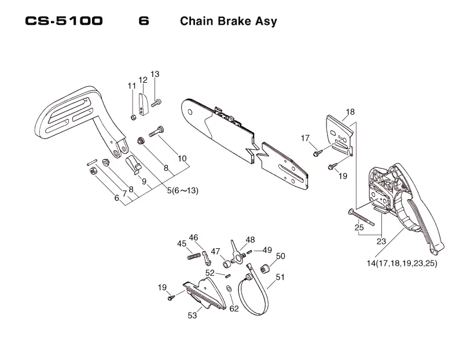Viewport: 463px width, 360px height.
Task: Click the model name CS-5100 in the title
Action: pos(64,21)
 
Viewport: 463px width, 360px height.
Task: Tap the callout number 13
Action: pos(155,74)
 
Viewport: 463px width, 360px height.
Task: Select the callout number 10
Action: pos(182,158)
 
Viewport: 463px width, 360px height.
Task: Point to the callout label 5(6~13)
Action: pos(182,190)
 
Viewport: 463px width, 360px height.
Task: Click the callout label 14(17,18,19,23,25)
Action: pos(402,263)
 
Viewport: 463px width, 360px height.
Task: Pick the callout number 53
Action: pos(192,315)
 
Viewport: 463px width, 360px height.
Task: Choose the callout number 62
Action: pos(234,308)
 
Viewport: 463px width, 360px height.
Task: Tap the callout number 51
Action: pos(280,277)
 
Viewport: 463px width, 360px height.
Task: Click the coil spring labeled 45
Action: pos(194,256)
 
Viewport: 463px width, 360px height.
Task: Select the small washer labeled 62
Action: pos(229,288)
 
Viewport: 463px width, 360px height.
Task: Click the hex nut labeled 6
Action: pos(93,171)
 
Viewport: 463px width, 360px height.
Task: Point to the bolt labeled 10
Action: pos(156,131)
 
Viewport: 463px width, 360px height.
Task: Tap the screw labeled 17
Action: pos(318,153)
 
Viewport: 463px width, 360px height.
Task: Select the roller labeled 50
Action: pos(264,269)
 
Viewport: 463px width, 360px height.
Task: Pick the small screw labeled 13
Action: pos(156,103)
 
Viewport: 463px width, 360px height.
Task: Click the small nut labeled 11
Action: pos(133,117)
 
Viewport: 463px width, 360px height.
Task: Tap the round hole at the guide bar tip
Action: pos(190,112)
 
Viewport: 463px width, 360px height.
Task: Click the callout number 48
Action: pos(250,240)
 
